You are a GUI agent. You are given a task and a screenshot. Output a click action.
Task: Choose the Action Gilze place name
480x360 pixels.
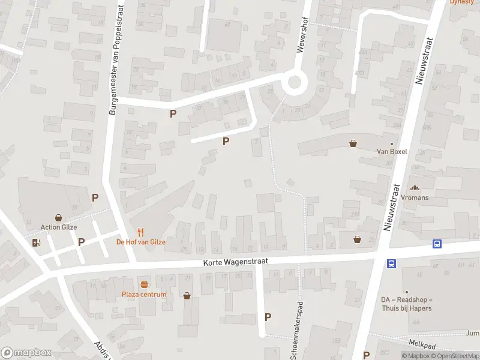point(59,227)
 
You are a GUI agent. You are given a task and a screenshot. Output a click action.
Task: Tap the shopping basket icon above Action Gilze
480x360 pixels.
point(59,217)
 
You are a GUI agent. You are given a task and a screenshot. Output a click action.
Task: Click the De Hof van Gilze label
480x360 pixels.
point(140,242)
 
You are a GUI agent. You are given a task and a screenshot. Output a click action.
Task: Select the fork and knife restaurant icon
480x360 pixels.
point(140,232)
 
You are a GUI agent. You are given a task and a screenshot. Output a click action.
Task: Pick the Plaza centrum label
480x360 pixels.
point(144,294)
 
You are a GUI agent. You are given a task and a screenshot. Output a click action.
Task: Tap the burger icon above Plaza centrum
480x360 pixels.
point(144,284)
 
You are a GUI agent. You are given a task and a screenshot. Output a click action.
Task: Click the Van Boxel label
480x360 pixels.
point(392,152)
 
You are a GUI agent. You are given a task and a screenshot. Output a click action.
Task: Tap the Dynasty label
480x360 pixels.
point(462,2)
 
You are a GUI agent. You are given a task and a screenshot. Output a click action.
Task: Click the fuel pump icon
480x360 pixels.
point(37,242)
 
